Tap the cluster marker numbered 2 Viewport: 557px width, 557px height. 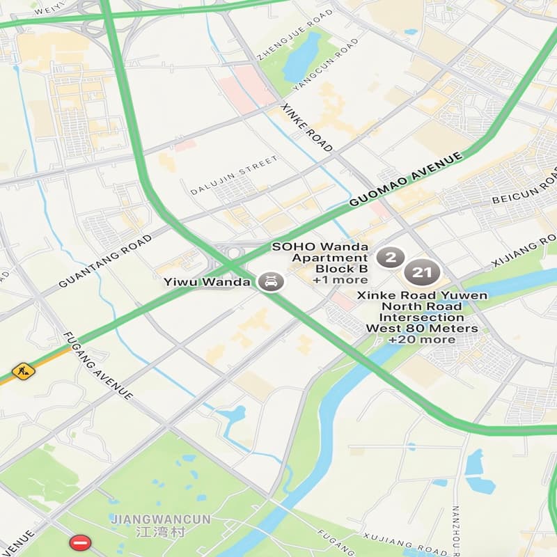tap(391, 258)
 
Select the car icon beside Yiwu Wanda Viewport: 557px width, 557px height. tap(270, 282)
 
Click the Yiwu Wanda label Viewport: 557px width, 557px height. tap(207, 282)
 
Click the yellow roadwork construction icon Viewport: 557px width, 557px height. tap(23, 370)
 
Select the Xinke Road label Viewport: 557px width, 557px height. tap(306, 128)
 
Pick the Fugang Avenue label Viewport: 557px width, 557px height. tap(98, 366)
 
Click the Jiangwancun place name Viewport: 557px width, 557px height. tap(150, 519)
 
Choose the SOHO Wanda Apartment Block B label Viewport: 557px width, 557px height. tap(320, 258)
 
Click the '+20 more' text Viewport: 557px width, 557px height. tap(421, 339)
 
